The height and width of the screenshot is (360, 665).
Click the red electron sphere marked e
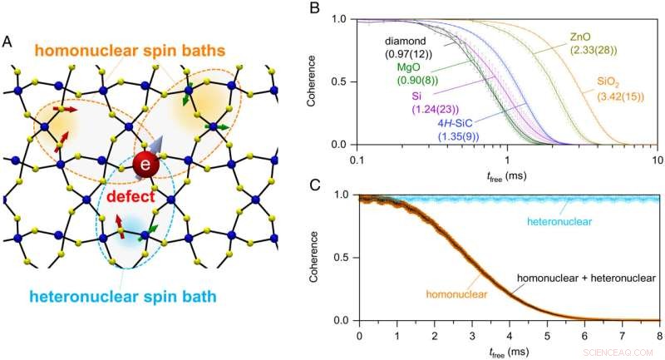[146, 165]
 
